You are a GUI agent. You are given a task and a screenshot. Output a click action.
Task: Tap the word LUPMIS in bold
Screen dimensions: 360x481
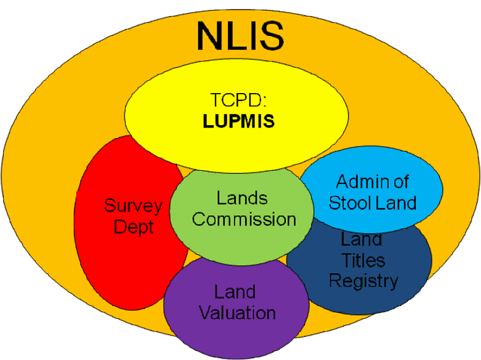point(239,121)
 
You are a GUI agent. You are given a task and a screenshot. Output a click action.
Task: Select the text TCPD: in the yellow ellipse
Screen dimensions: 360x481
point(239,101)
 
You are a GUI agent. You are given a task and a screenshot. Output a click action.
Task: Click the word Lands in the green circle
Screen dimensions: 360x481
point(242,198)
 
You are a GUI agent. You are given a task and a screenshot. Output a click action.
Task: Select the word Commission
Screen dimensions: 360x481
point(244,219)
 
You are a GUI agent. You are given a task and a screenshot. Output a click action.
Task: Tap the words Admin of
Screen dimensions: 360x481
point(372,182)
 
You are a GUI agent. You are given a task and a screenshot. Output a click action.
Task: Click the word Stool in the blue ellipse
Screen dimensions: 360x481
point(348,203)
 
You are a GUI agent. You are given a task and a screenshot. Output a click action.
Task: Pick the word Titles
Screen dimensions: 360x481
point(363,261)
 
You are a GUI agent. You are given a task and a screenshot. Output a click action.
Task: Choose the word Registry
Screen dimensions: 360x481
point(363,280)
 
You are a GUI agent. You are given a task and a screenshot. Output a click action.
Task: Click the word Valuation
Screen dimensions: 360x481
point(237,312)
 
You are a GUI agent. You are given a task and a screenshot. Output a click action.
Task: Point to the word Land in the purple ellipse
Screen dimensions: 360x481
point(235,292)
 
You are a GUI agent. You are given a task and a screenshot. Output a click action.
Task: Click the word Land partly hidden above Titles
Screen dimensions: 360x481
point(362,240)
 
